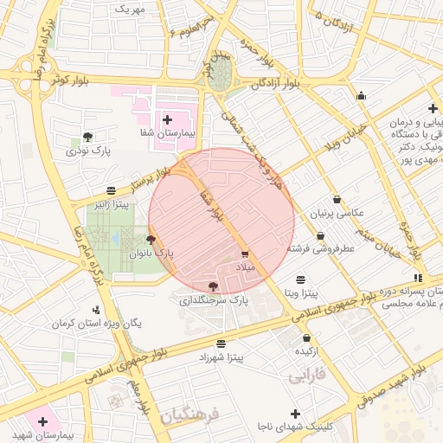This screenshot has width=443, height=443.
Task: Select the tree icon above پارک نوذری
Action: point(87,136)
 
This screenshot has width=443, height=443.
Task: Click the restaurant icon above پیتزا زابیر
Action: point(111,190)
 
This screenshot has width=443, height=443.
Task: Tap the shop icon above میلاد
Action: point(245,254)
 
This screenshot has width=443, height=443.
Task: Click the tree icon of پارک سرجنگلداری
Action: point(214,286)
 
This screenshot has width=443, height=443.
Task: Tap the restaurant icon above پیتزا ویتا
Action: point(300,279)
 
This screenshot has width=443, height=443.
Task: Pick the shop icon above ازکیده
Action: point(308,337)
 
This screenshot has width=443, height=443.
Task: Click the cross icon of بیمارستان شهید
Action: point(42,421)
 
